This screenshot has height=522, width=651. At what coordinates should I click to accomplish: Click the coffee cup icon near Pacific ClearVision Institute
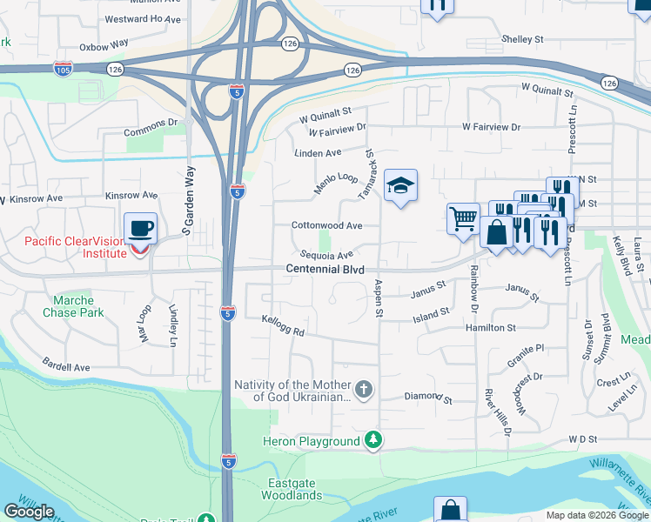141,230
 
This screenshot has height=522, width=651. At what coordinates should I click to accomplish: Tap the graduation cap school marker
400,186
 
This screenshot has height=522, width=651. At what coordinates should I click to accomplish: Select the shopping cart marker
463,217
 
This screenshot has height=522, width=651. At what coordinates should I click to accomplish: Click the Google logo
30,512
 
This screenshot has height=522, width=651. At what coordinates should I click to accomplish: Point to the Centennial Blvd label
325,270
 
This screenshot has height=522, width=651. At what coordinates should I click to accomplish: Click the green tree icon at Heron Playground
373,441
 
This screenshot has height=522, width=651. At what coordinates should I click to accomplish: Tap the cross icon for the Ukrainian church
364,390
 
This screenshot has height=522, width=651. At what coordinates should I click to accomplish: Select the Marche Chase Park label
73,306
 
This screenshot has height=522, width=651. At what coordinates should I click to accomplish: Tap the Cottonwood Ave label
326,224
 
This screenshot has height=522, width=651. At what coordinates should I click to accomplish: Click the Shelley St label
522,39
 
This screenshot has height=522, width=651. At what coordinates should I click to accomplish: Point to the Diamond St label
428,398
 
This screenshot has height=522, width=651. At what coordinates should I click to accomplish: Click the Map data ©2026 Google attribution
597,515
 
